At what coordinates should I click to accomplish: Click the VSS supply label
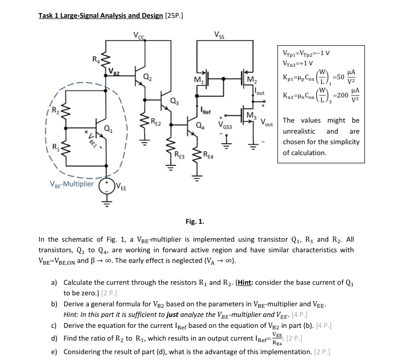[220, 35]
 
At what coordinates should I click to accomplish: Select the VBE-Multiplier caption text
[72, 184]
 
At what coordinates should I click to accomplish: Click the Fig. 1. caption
[195, 221]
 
